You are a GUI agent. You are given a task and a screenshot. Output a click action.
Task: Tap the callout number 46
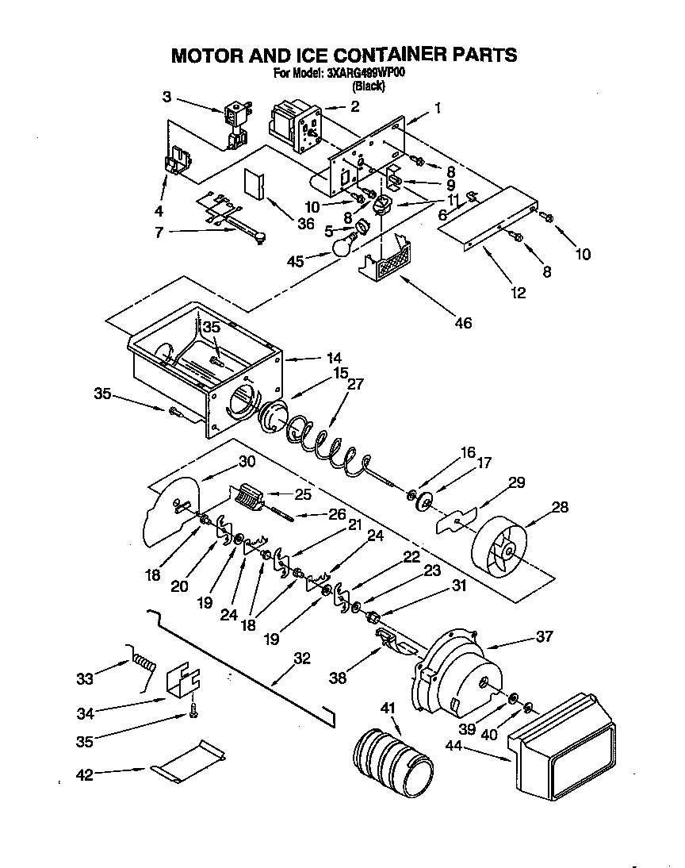tap(462, 322)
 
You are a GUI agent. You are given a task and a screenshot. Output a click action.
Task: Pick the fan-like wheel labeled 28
tap(503, 548)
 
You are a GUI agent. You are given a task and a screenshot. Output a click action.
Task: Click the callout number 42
tap(83, 774)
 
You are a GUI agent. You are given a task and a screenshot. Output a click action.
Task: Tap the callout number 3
tap(166, 98)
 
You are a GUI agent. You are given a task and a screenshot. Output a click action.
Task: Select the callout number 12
tap(518, 293)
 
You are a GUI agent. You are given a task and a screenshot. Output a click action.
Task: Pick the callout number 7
tap(159, 232)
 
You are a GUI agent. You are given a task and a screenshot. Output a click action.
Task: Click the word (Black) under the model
tap(368, 86)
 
